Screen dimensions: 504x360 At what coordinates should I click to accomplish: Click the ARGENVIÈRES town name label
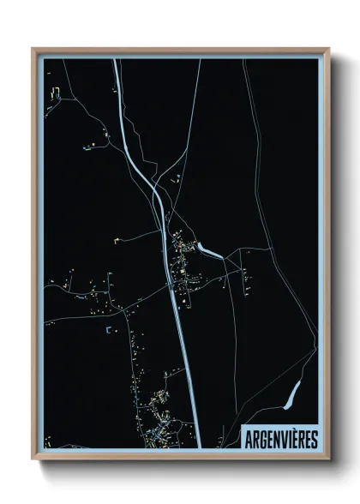coord(280,438)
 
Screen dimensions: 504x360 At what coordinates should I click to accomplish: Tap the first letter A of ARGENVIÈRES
coord(249,439)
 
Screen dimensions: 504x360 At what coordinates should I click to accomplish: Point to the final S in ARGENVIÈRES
coord(314,439)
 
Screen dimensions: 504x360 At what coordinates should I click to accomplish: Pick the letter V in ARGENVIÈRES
coord(281,439)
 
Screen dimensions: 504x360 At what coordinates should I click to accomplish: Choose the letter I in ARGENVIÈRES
coord(288,439)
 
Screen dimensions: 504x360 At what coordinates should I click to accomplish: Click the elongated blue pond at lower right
coord(292,394)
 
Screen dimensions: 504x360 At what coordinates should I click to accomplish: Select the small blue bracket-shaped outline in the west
coord(109,328)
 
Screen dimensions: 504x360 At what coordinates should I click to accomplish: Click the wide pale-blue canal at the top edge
coord(117,69)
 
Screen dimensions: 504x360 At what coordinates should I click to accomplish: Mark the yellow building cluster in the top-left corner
coord(56,93)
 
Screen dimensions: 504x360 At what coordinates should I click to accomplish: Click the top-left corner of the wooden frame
coord(33,49)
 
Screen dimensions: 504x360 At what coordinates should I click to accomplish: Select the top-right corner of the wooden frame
coord(328,49)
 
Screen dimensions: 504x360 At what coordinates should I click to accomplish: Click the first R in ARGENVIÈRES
coord(255,439)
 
